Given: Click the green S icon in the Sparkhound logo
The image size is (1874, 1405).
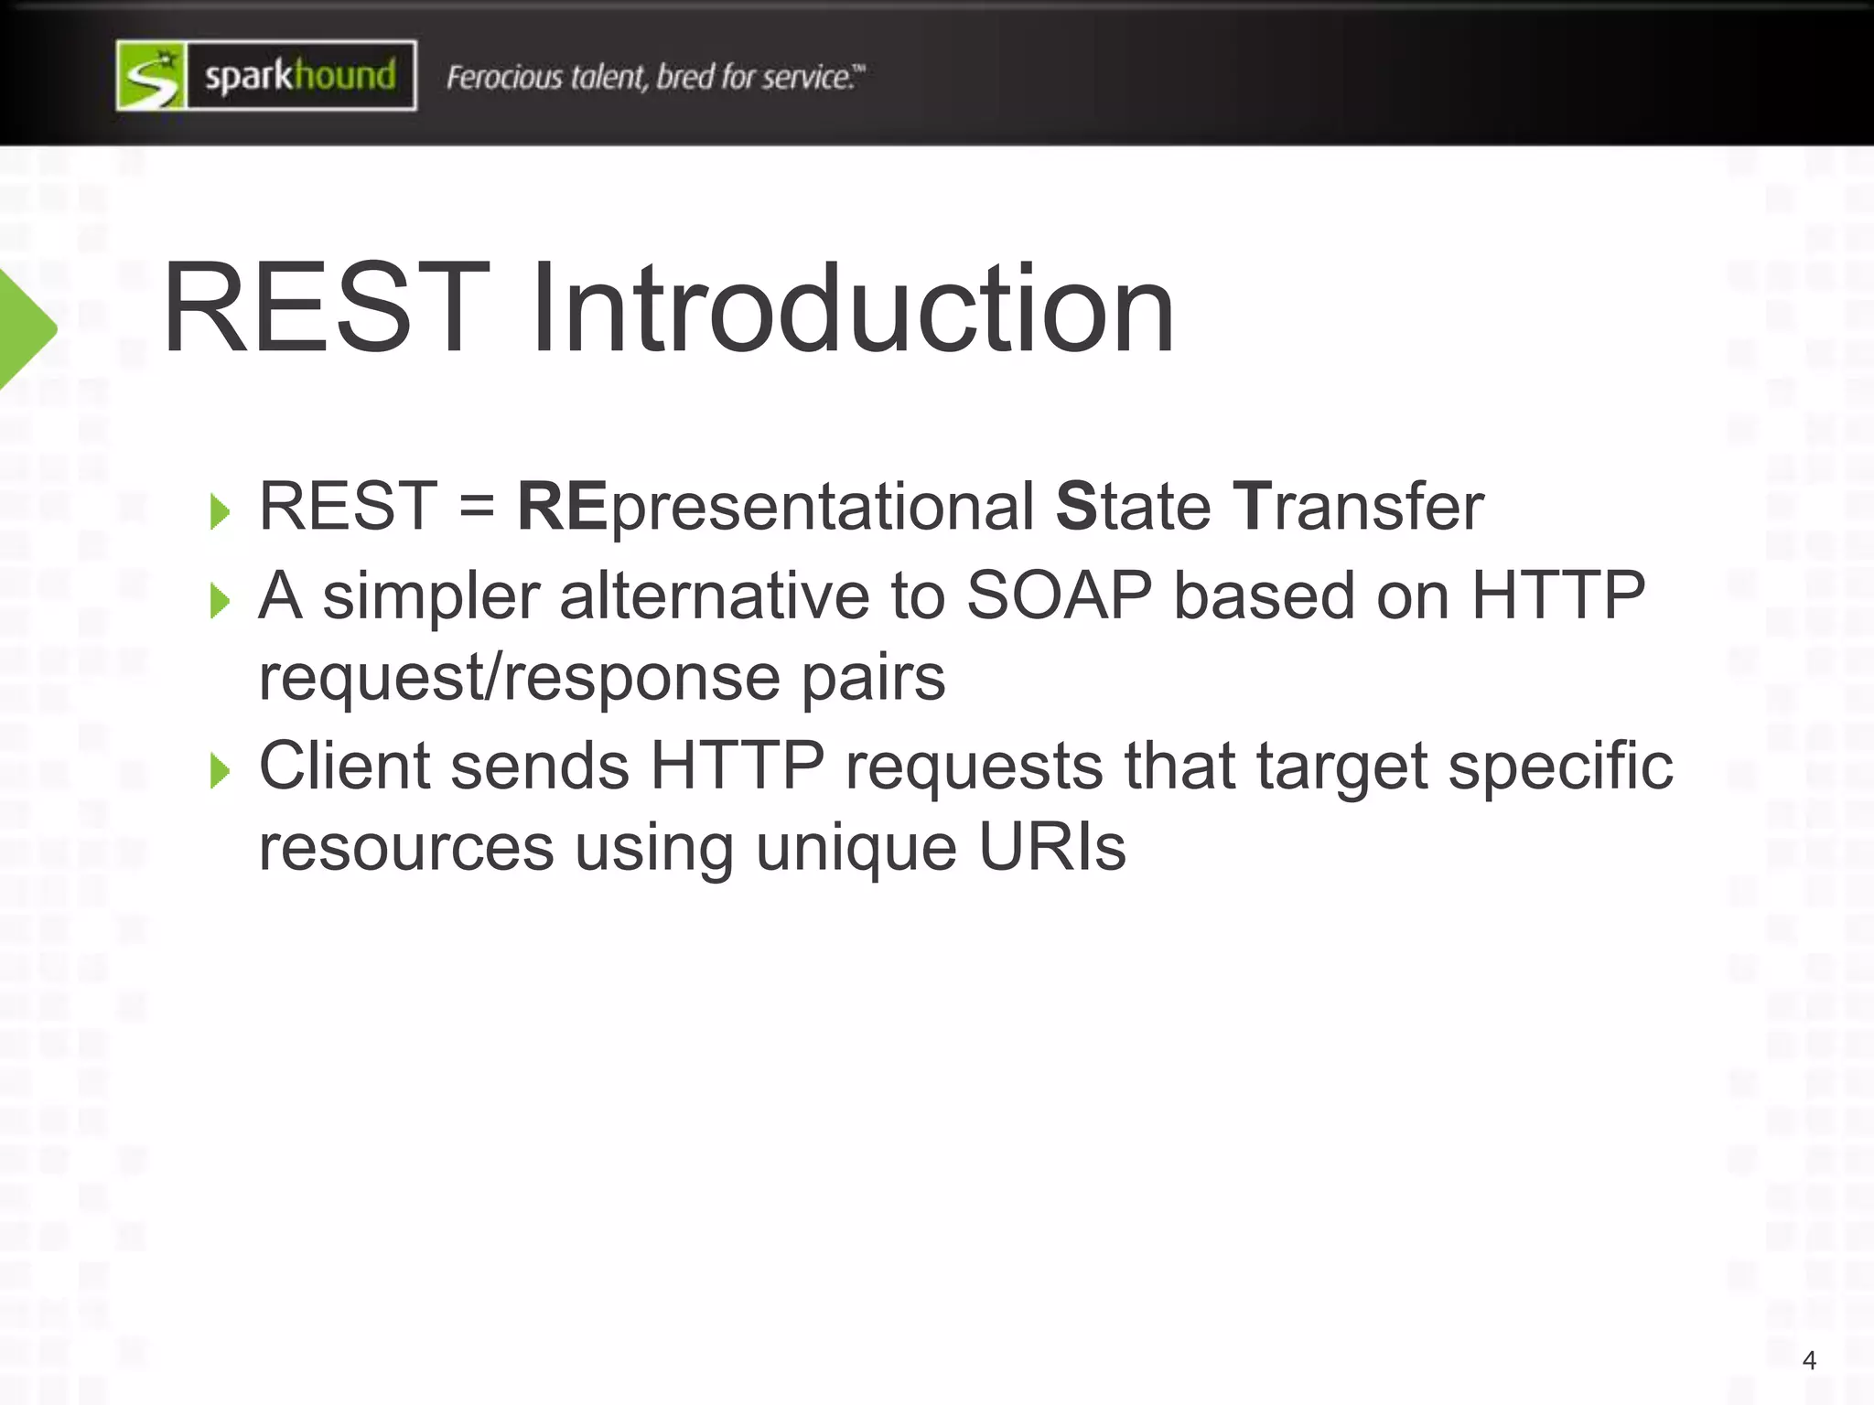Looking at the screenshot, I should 152,76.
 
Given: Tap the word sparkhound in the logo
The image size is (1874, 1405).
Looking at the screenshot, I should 300,76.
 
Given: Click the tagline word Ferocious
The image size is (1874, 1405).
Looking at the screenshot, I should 502,77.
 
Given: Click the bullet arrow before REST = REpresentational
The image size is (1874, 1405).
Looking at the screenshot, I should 220,511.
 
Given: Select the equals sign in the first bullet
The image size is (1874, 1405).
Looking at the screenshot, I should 477,507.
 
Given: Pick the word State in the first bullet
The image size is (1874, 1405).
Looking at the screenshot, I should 1133,507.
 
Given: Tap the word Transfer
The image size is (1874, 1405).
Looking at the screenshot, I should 1358,507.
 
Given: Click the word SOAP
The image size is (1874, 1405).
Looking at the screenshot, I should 1059,595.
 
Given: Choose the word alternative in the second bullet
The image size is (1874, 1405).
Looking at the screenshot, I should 714,595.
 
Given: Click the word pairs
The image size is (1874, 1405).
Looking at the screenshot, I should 873,678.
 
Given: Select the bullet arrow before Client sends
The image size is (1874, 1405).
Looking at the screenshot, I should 220,771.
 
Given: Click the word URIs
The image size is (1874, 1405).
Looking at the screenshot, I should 1051,847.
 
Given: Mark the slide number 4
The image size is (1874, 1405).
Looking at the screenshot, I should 1809,1360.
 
